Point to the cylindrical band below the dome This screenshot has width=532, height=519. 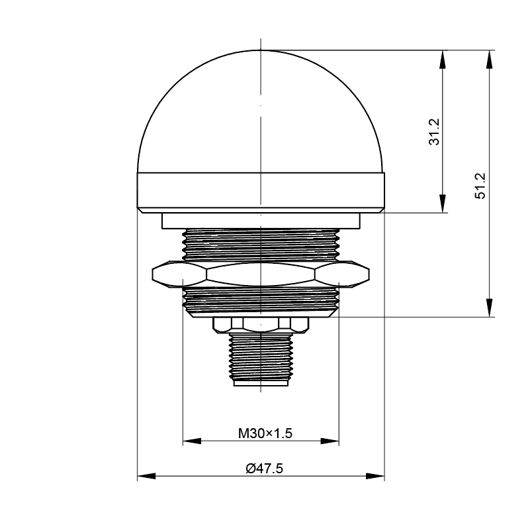click(261, 192)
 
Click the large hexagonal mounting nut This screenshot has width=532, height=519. click(261, 273)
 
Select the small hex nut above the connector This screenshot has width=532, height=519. click(260, 323)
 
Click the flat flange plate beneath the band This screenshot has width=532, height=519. click(261, 221)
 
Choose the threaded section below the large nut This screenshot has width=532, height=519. click(261, 300)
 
